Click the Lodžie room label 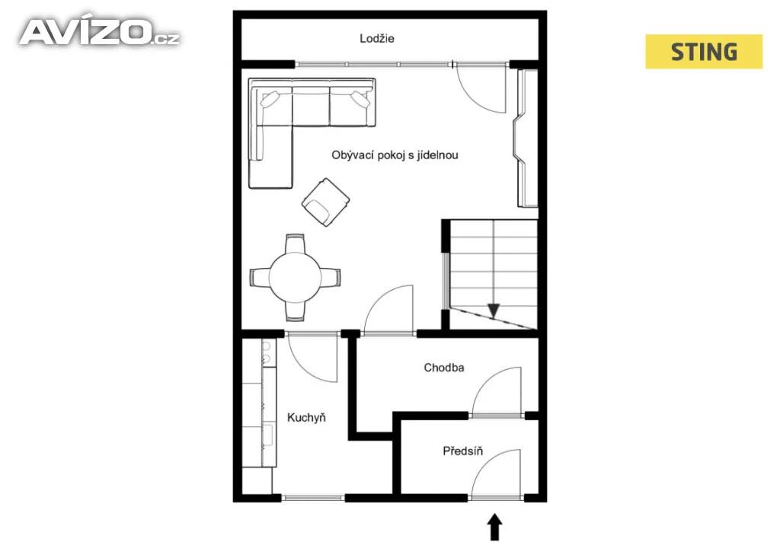[376, 39]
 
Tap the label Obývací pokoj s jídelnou [395, 155]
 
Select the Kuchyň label [306, 417]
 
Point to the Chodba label [444, 368]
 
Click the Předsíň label [462, 451]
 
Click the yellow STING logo [704, 52]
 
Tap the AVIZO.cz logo [100, 32]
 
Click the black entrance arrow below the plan [494, 527]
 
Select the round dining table [295, 277]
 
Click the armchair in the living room [325, 202]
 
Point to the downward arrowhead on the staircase [493, 311]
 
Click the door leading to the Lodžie [481, 88]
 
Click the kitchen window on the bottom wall [313, 497]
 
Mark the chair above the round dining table [295, 244]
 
